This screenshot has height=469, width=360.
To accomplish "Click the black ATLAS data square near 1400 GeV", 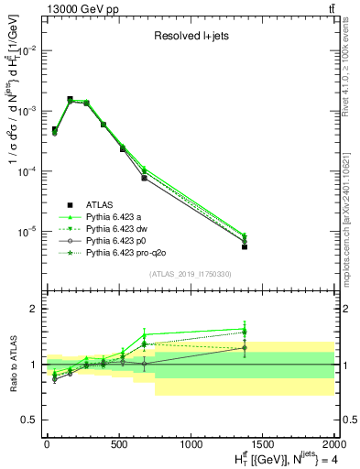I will coord(245,246).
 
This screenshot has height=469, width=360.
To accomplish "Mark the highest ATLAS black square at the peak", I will coord(71,99).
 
